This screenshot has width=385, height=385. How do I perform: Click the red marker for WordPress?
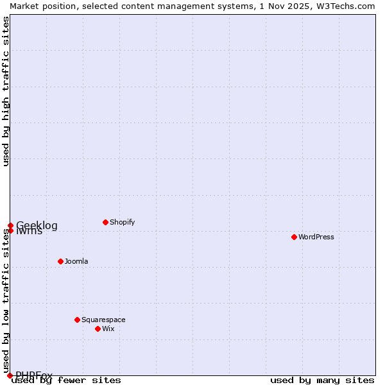click(x=294, y=237)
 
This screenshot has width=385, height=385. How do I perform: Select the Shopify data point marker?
click(x=105, y=222)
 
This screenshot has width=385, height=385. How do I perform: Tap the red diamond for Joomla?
click(x=60, y=261)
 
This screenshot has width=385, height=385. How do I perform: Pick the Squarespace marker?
click(x=77, y=320)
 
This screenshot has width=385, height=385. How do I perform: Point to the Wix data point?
click(x=98, y=329)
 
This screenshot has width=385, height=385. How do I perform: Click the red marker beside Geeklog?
click(x=10, y=225)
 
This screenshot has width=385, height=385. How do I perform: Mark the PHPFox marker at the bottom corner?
click(x=10, y=375)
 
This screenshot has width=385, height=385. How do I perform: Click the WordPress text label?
click(x=316, y=237)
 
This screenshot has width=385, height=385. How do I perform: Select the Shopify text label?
click(x=123, y=222)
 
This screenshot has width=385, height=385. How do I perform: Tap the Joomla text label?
click(x=76, y=261)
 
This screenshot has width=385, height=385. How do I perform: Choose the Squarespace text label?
click(x=103, y=320)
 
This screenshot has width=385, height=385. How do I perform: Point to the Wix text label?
click(x=108, y=329)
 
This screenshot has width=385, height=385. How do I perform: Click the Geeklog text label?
click(x=37, y=225)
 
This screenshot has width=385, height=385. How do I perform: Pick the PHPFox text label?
click(x=34, y=375)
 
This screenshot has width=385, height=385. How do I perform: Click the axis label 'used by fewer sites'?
click(x=66, y=380)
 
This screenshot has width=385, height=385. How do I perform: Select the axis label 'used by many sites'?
click(x=322, y=380)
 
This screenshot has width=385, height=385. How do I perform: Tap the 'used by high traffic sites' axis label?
click(x=6, y=91)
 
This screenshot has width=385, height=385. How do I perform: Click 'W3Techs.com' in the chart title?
click(x=349, y=6)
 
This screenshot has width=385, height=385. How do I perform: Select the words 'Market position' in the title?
click(x=39, y=6)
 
